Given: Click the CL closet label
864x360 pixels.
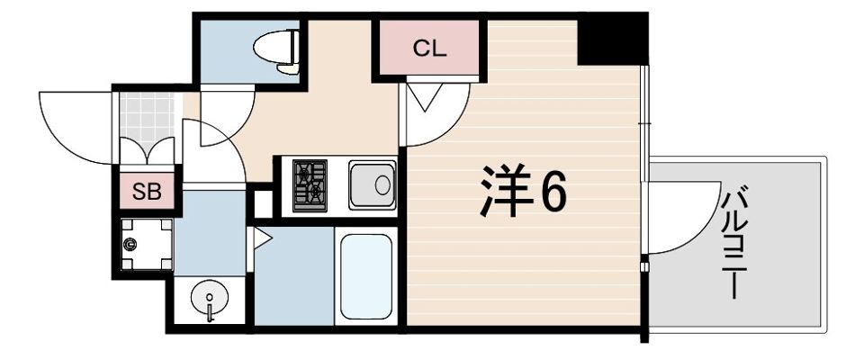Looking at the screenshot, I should (x=429, y=49).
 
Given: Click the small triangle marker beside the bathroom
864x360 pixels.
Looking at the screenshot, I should (x=262, y=238).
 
